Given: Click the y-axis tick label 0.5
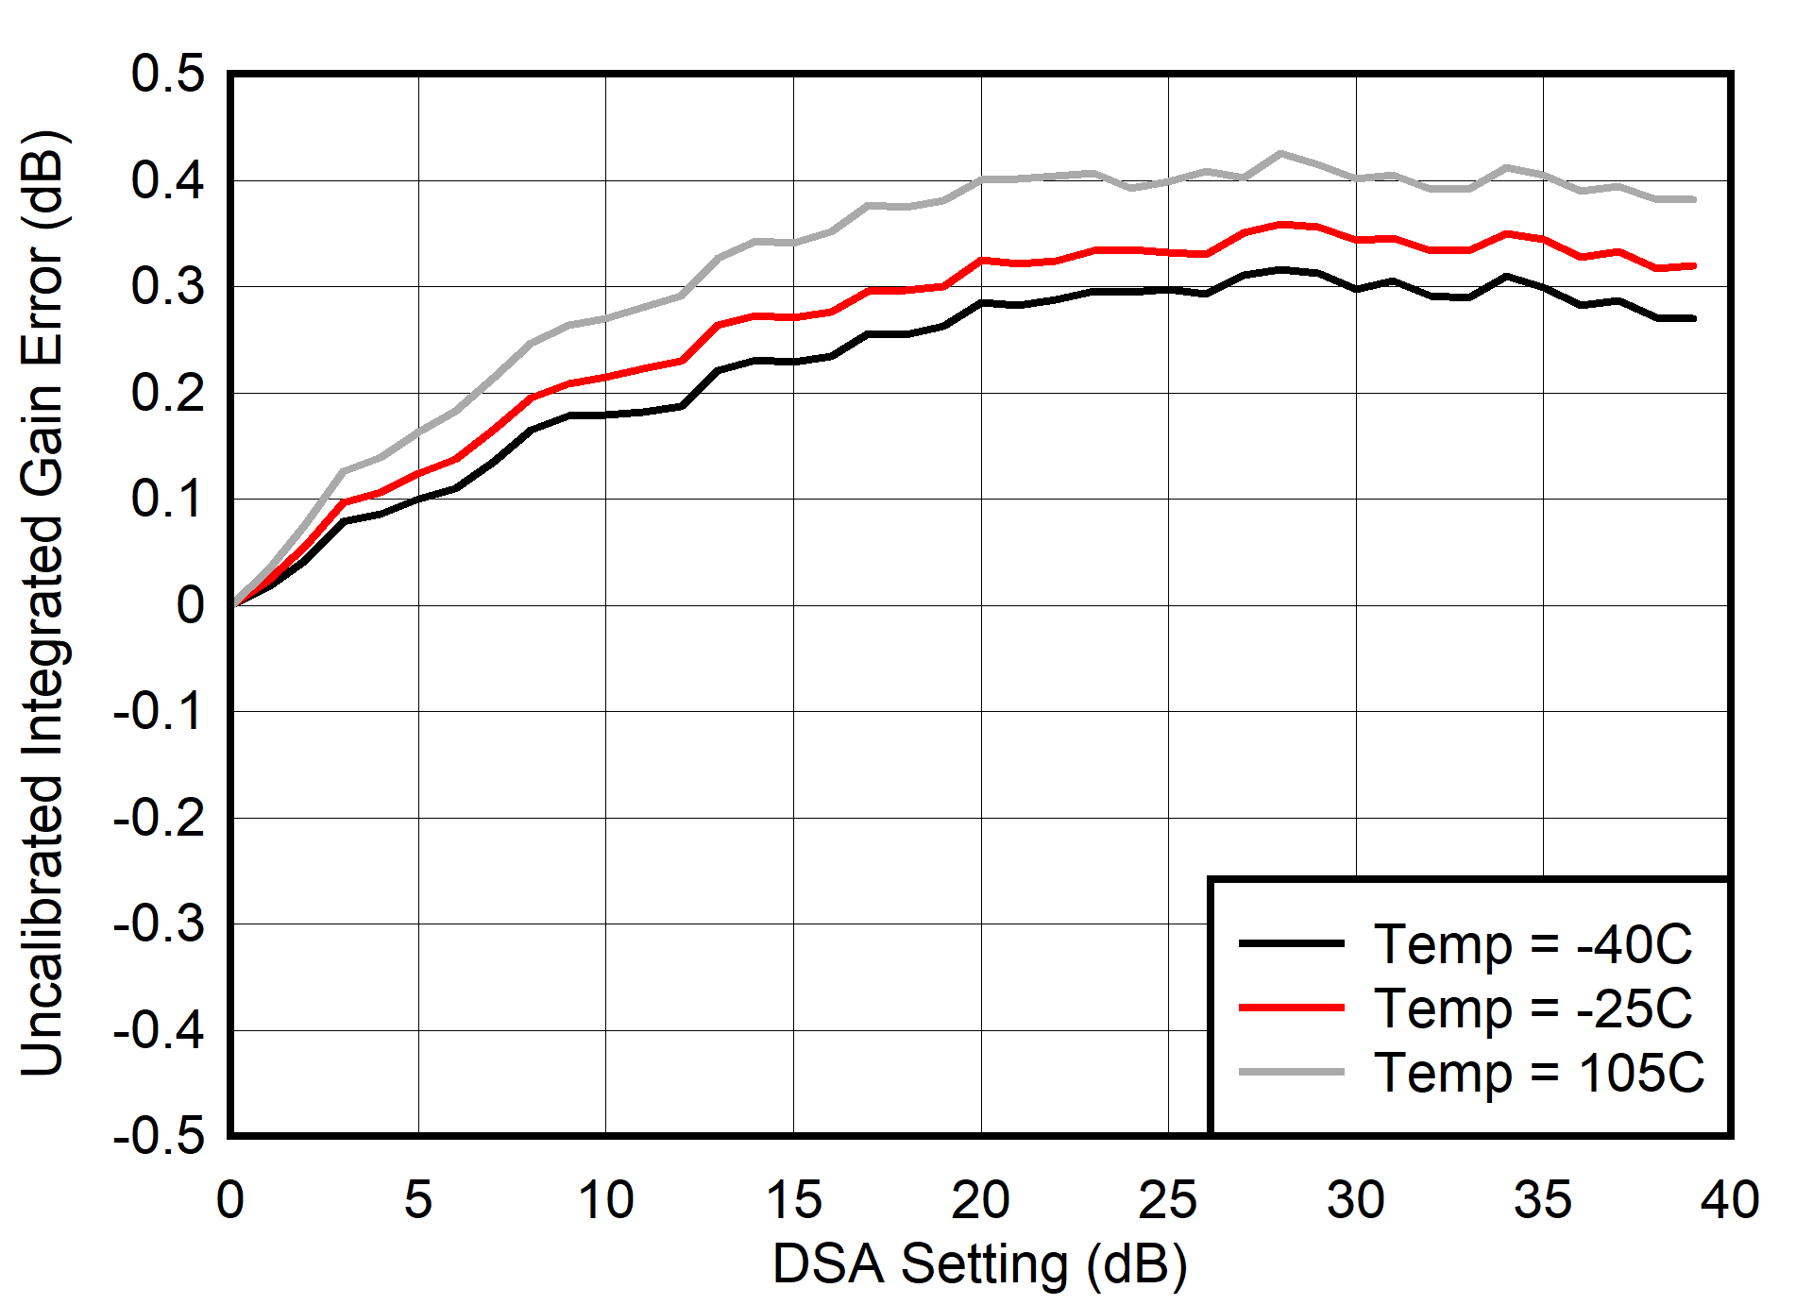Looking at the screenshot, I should click(x=167, y=74).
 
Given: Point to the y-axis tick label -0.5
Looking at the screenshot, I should click(x=158, y=1135).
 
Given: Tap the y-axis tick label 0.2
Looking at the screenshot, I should click(x=167, y=393).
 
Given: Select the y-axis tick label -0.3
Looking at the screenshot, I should click(x=158, y=924).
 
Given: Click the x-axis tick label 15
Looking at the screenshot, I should click(x=792, y=1200).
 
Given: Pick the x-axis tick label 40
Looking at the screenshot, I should click(x=1730, y=1200).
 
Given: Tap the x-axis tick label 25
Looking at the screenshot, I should click(x=1167, y=1200).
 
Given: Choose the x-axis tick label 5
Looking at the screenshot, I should click(x=417, y=1200).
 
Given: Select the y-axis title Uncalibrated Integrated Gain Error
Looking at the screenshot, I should click(x=42, y=604).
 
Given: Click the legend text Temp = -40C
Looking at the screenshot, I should click(x=1533, y=943).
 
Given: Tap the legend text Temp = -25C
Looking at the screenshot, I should click(x=1533, y=1008).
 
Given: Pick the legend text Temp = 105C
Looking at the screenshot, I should click(x=1539, y=1073).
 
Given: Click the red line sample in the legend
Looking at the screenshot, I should click(x=1291, y=1008).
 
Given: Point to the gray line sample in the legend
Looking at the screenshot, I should click(x=1291, y=1072).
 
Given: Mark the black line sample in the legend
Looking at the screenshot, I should click(x=1291, y=942).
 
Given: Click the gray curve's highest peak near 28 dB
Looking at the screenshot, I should click(x=1279, y=153).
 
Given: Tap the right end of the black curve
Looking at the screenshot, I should click(x=1694, y=318).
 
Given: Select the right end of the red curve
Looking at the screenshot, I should click(x=1694, y=266).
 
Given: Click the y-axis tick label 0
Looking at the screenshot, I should click(x=190, y=605).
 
